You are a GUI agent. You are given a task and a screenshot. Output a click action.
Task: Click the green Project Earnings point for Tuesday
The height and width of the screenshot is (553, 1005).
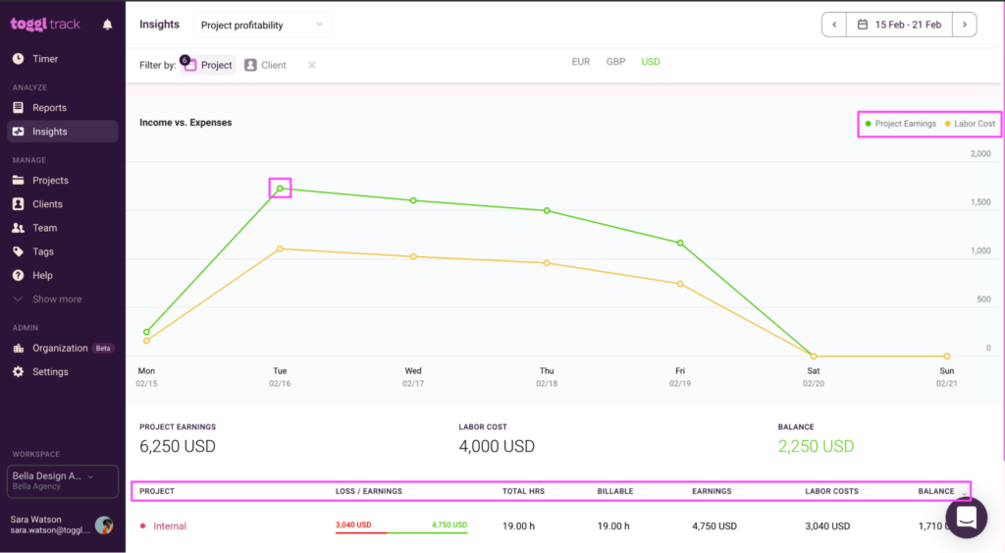click(280, 189)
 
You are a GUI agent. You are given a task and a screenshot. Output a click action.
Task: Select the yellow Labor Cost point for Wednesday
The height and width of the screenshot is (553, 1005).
click(413, 256)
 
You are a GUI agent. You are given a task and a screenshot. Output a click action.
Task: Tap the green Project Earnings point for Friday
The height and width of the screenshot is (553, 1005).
click(680, 243)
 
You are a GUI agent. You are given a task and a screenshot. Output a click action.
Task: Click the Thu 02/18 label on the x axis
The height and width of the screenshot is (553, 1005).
click(547, 377)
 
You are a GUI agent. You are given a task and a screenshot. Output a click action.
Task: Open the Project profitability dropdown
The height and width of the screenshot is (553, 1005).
click(261, 25)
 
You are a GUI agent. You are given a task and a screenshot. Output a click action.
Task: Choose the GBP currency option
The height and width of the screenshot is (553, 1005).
click(615, 62)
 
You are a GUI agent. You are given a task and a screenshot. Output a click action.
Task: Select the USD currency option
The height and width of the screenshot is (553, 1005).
click(651, 62)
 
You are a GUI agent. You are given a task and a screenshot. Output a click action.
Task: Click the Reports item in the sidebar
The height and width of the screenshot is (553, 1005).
click(49, 108)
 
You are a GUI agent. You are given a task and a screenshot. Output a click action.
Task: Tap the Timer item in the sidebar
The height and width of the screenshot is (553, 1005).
click(45, 59)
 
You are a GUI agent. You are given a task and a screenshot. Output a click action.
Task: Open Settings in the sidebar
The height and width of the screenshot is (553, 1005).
click(50, 372)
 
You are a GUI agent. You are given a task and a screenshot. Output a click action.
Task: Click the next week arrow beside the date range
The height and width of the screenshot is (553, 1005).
click(965, 25)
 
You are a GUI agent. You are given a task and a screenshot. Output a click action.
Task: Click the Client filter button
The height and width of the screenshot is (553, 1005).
click(265, 65)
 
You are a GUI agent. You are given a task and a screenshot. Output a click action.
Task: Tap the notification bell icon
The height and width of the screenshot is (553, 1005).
click(107, 25)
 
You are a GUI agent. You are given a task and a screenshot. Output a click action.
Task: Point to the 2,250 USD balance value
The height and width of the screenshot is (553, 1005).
click(816, 446)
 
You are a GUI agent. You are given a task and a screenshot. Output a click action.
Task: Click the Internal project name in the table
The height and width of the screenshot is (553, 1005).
click(170, 526)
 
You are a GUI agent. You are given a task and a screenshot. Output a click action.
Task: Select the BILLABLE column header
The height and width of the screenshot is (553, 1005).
click(615, 491)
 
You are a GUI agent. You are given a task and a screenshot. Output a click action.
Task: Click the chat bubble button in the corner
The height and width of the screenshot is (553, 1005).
click(966, 518)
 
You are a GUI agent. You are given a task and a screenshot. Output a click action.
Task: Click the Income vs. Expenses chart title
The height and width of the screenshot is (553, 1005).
click(185, 123)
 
